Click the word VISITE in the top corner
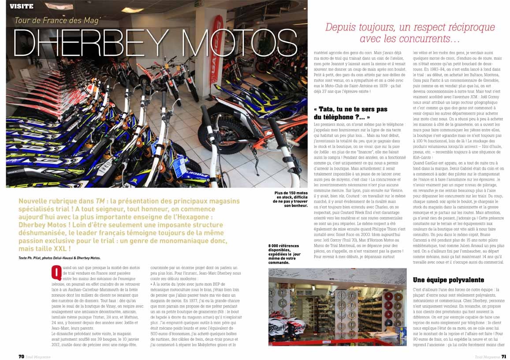click(21, 6)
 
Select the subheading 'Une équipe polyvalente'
click(448, 280)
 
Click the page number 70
click(21, 356)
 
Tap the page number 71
click(503, 356)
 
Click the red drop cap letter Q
click(56, 273)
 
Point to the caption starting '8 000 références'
click(284, 254)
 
